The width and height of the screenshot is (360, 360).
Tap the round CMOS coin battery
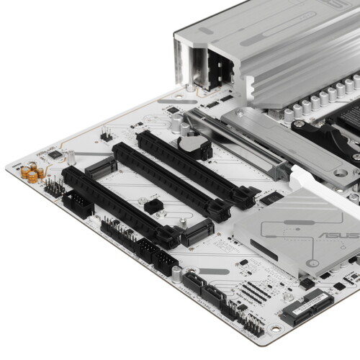[x=192, y=144]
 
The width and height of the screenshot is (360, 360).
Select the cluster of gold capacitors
[x=32, y=172]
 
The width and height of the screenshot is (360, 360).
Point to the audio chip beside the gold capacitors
[x=55, y=153]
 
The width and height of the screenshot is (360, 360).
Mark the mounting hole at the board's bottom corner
[x=275, y=328]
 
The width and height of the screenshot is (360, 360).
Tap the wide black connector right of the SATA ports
[x=307, y=305]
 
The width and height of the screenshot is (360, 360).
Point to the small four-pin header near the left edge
[x=106, y=134]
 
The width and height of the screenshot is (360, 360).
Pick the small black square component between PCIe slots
[x=153, y=206]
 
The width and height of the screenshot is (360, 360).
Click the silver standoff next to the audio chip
[x=72, y=156]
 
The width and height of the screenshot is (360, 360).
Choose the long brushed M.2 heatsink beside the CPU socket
[x=295, y=144]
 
